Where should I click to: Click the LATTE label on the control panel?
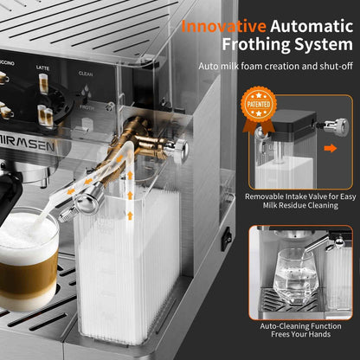click(x=42, y=67)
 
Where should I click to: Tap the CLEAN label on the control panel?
click(x=86, y=74)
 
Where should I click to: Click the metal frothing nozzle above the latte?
click(x=87, y=202)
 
